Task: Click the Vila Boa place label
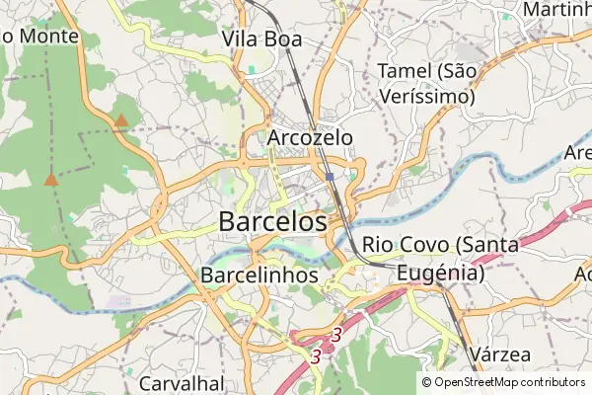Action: [x=261, y=39]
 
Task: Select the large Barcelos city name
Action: [x=272, y=221]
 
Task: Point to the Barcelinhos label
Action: [x=259, y=274]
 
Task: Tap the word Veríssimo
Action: [x=426, y=97]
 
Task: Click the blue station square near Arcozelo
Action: [x=329, y=177]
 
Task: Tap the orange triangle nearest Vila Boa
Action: [x=120, y=120]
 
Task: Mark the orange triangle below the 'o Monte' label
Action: [x=50, y=180]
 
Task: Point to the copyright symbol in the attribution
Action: [x=426, y=382]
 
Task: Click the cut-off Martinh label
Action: [x=558, y=9]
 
